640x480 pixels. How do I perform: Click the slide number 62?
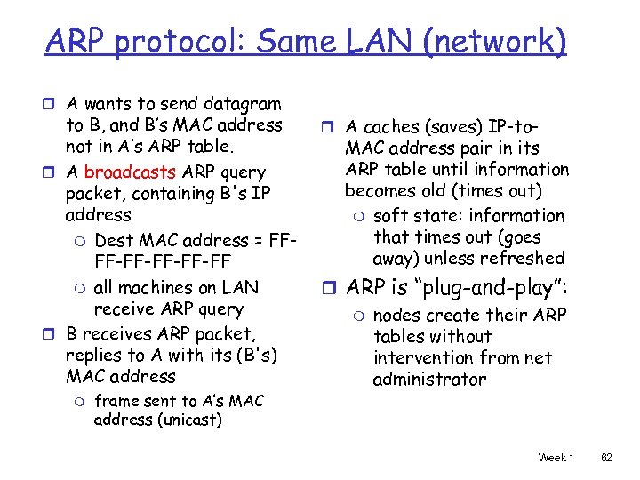click(606, 457)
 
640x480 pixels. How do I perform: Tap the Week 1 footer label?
click(556, 457)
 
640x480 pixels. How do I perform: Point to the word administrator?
click(429, 380)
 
